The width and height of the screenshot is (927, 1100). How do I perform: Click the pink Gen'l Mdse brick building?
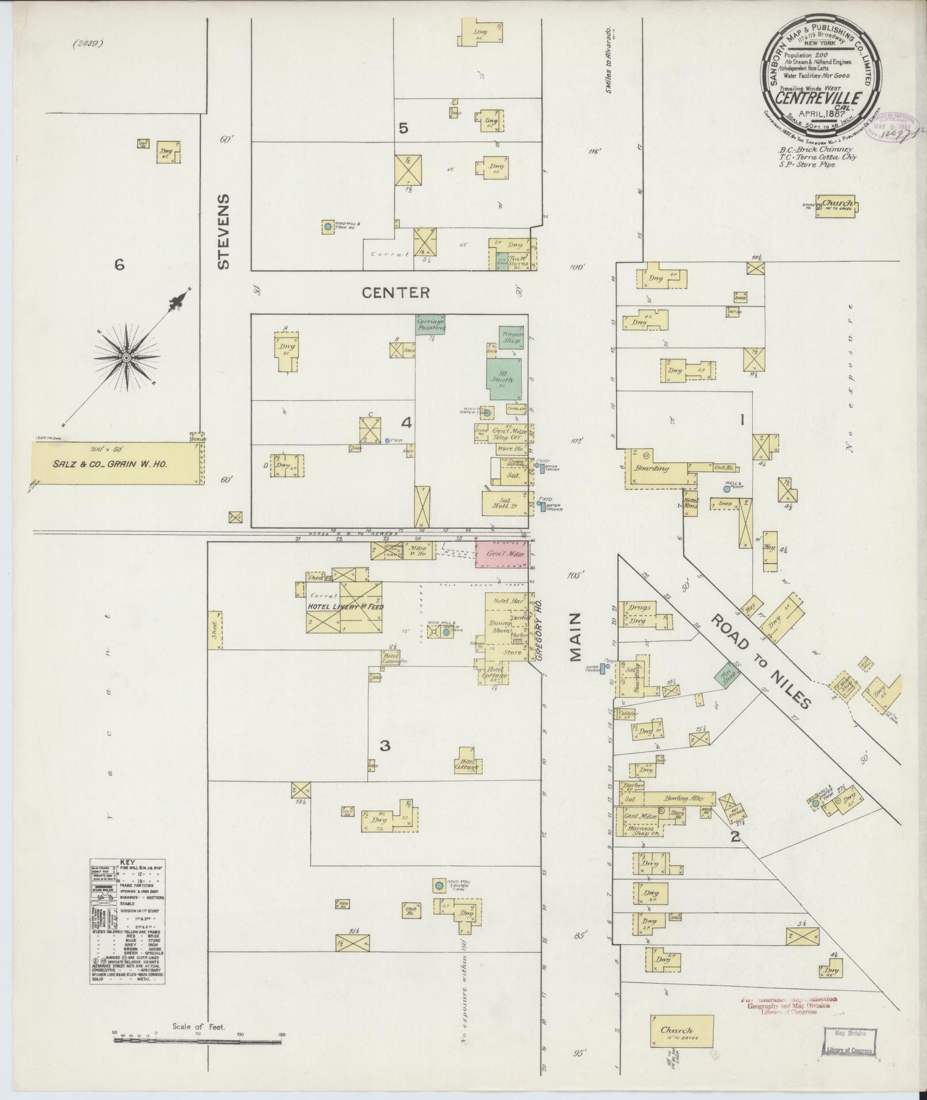click(502, 554)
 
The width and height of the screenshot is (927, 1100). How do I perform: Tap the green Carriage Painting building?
click(430, 325)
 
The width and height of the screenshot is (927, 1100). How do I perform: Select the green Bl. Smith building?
click(504, 379)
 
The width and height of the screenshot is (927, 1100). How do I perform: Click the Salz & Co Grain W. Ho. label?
click(116, 464)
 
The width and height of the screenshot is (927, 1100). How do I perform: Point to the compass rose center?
click(126, 358)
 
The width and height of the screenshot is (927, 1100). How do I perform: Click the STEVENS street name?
click(224, 231)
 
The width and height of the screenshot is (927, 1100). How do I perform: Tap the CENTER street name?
click(395, 293)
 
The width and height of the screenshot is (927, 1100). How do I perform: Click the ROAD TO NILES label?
click(761, 661)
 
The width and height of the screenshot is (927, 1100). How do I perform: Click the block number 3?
click(385, 746)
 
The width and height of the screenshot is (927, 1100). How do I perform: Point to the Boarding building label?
click(651, 469)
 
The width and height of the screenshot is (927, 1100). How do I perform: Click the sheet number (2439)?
click(87, 42)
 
